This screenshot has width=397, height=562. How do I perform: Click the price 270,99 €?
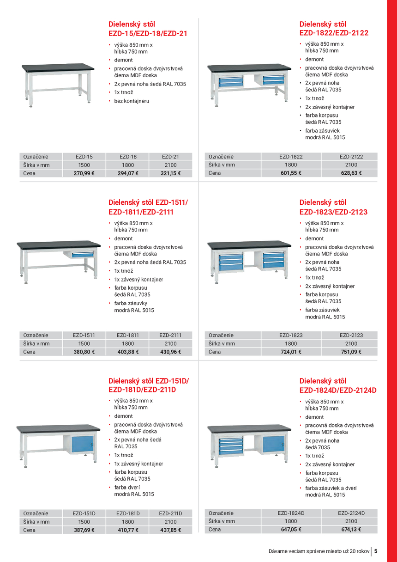[x=84, y=174]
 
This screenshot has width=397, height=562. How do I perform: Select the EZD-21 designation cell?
[x=170, y=157]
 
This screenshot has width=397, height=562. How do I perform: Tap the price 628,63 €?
[x=351, y=173]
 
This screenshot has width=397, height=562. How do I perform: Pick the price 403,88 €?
[x=128, y=352]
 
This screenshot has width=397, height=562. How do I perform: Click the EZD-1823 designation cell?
[x=291, y=335]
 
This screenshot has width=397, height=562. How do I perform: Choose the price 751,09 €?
[x=351, y=352]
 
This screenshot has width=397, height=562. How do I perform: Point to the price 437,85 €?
[x=170, y=530]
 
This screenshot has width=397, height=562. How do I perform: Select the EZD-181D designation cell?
[x=128, y=513]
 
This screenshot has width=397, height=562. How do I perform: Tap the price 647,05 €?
[x=291, y=530]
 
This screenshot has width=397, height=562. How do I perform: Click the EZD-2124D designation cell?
[x=351, y=513]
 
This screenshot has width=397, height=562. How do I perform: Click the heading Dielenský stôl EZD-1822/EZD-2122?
[x=334, y=28]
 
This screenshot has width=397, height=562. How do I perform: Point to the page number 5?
[x=376, y=551]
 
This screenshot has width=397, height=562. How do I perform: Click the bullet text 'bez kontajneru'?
[x=132, y=101]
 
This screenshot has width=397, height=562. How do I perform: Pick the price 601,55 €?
[x=291, y=173]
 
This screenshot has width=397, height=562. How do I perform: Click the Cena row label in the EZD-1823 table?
[x=215, y=352]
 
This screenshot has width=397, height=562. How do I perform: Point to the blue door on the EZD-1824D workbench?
[x=273, y=445]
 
